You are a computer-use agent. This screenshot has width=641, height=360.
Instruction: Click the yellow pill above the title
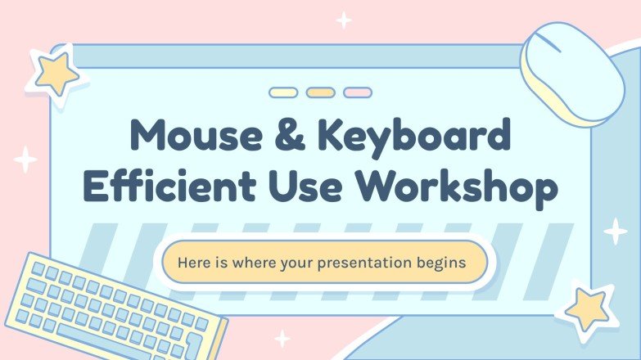click(x=283, y=92)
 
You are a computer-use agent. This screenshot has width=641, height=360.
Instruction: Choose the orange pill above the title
click(x=320, y=92)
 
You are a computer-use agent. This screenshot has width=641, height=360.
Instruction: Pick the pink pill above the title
click(x=358, y=92)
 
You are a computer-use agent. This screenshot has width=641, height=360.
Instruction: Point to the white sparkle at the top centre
click(x=345, y=20)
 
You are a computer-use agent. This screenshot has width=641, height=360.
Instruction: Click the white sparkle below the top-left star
click(x=25, y=159)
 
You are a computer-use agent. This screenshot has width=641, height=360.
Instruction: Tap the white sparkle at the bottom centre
click(x=282, y=338)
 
